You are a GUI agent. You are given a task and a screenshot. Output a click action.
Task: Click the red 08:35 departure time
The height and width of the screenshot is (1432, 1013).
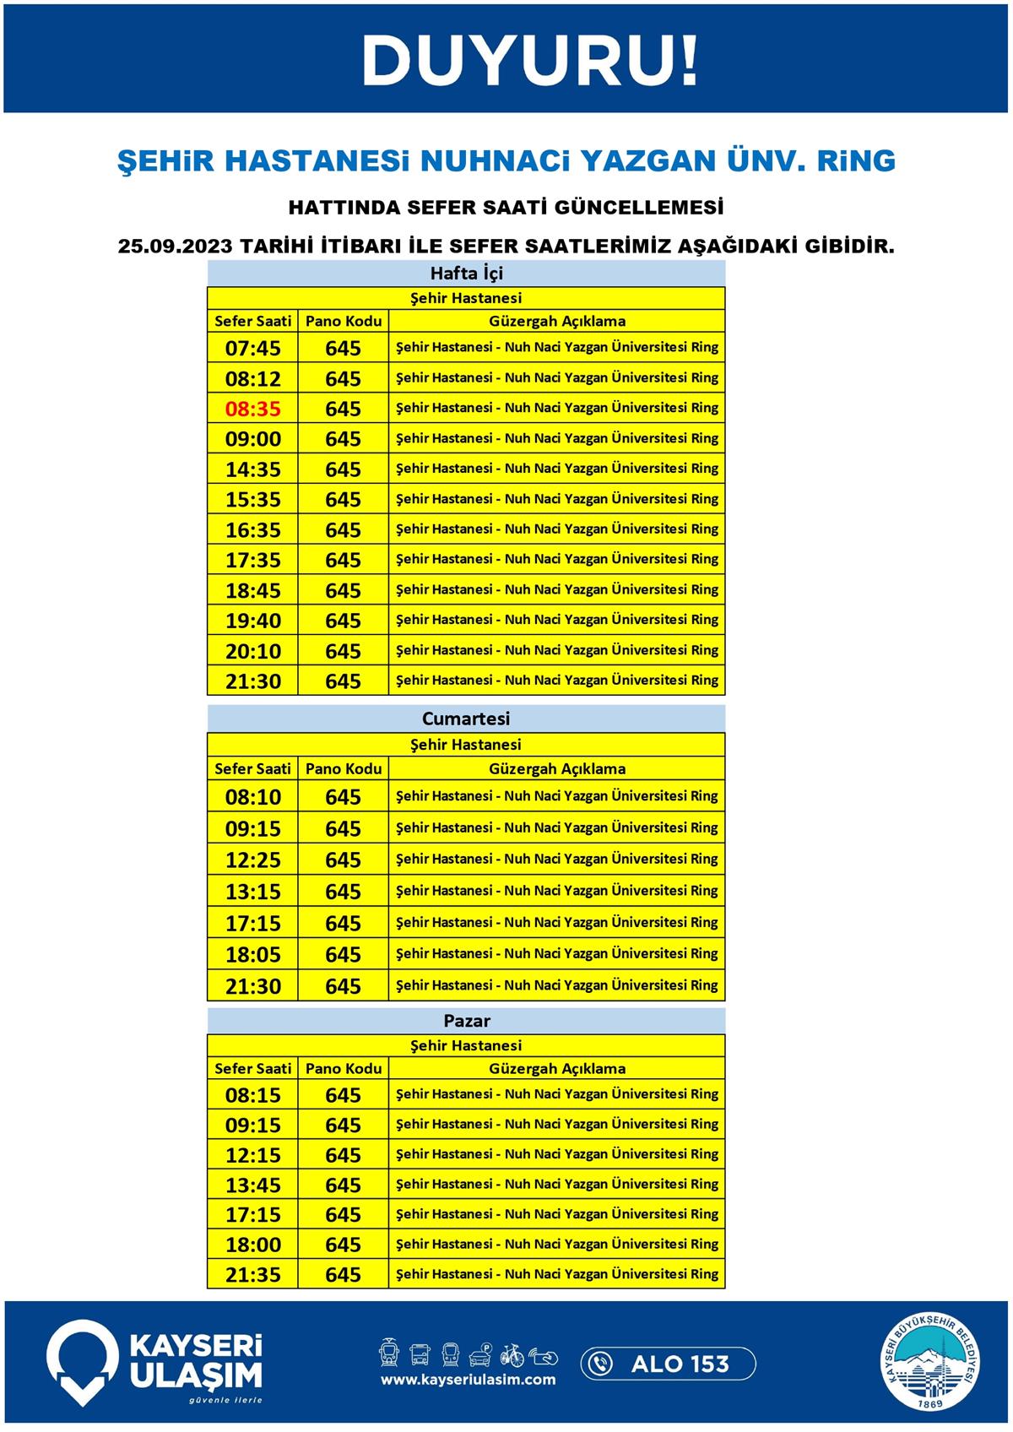pos(252,409)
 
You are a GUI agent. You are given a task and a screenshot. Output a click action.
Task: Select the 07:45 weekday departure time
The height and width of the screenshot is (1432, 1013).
pos(252,348)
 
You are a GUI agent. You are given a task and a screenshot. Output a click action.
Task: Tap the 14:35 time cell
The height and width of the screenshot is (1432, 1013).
pos(252,469)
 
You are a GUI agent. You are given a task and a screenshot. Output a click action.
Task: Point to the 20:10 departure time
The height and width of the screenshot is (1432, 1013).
pos(252,651)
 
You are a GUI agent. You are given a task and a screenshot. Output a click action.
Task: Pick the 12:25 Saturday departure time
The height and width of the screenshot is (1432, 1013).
pos(252,860)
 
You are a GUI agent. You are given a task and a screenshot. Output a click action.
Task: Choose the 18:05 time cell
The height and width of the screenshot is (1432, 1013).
pos(252,954)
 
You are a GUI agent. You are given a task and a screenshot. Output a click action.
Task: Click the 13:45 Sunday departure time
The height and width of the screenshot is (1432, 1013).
pos(252,1185)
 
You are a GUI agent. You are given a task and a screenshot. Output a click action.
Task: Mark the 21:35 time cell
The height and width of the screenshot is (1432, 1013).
pos(252,1274)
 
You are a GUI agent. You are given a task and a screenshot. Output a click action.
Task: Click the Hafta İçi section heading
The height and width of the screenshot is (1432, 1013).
pos(466,273)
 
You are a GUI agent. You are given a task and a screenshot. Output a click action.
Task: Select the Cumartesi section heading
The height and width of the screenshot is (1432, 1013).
pos(466,719)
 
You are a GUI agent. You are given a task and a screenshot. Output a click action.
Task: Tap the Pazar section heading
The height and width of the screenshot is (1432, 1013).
pos(466,1020)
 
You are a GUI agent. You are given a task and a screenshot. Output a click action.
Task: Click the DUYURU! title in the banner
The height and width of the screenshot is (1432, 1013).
pos(530,61)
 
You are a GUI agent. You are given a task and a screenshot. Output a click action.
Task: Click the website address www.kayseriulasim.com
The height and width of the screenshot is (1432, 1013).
pos(468,1380)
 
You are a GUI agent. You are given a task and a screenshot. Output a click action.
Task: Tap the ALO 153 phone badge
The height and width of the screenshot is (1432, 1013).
pos(668,1364)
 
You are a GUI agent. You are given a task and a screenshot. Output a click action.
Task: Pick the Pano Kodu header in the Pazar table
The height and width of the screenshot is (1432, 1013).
pos(344,1068)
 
